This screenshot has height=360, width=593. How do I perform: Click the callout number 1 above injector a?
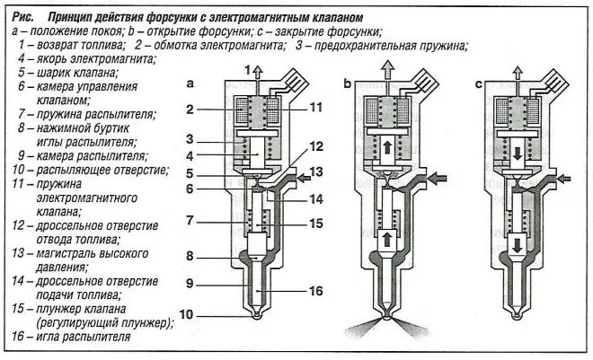(x=246, y=69)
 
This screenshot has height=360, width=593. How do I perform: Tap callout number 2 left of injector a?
(x=191, y=110)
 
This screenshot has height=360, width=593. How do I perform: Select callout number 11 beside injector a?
(x=314, y=107)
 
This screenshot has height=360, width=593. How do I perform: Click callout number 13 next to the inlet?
(x=315, y=171)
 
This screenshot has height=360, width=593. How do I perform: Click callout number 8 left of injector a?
(x=191, y=256)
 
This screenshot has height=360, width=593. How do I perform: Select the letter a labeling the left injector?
(x=190, y=84)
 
